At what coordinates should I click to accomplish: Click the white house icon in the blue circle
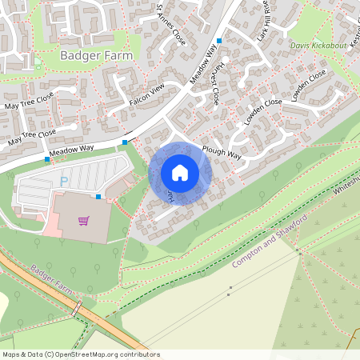click(x=180, y=172)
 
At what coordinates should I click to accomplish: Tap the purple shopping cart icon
click(x=83, y=221)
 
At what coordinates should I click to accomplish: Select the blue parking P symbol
click(x=64, y=182)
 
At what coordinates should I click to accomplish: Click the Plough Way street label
click(x=222, y=153)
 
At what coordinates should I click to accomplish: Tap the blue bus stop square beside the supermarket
click(x=98, y=196)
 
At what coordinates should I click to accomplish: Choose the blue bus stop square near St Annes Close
click(x=218, y=40)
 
